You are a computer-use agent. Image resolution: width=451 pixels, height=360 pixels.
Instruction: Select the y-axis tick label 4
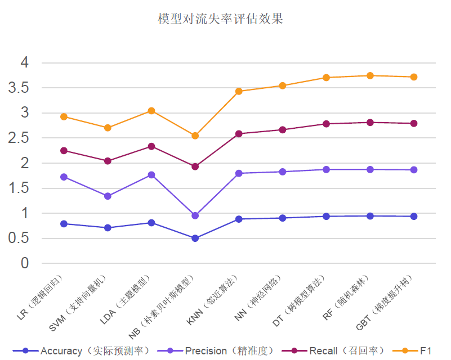point(25,62)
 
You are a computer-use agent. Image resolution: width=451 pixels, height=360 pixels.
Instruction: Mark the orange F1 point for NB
point(195,136)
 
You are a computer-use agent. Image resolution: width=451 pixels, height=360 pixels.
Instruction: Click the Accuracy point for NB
point(195,238)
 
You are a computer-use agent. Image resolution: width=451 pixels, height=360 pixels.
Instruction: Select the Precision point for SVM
point(108,196)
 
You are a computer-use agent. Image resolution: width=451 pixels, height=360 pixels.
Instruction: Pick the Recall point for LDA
point(151,146)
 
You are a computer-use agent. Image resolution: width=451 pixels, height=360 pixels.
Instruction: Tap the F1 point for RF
point(370,75)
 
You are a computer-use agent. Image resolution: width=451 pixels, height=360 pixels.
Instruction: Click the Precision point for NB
point(195,215)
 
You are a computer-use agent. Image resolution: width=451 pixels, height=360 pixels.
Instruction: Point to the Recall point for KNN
point(239,133)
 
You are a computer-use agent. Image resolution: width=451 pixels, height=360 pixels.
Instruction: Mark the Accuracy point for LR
point(64,224)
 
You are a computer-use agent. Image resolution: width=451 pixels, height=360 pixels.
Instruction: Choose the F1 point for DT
point(326,78)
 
